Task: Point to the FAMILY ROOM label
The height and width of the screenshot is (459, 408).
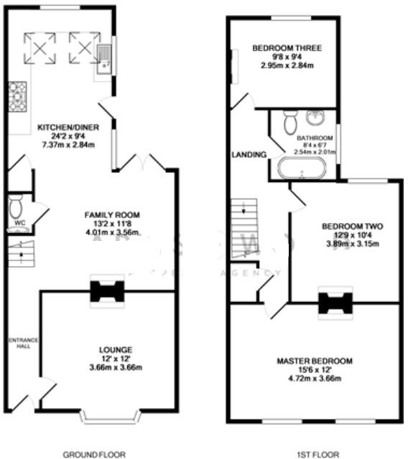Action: [111, 214]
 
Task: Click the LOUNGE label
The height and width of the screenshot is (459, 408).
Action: [115, 350]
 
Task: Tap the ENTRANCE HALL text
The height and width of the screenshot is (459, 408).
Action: [19, 344]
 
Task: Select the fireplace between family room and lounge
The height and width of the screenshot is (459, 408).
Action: [107, 291]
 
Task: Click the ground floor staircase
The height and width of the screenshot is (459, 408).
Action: [21, 254]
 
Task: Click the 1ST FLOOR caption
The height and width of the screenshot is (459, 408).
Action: [315, 454]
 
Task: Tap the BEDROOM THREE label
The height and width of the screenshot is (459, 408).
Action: [286, 49]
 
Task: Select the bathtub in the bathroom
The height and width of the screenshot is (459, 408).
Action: [302, 169]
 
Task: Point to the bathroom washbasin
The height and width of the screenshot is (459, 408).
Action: [315, 118]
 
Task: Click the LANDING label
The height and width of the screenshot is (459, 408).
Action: [249, 154]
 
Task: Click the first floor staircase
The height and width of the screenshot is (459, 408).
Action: [244, 218]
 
